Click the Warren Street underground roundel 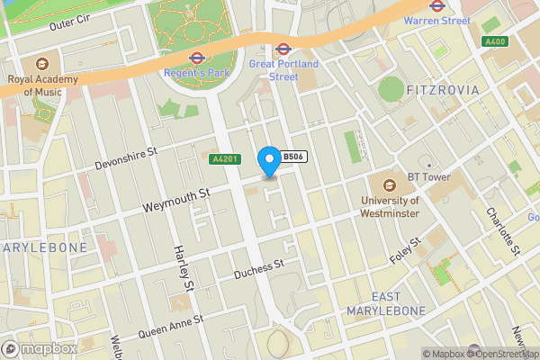point(436,4)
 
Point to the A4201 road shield point(224,159)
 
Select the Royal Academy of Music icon point(42,64)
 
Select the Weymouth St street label point(176,200)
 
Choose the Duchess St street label point(258,268)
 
